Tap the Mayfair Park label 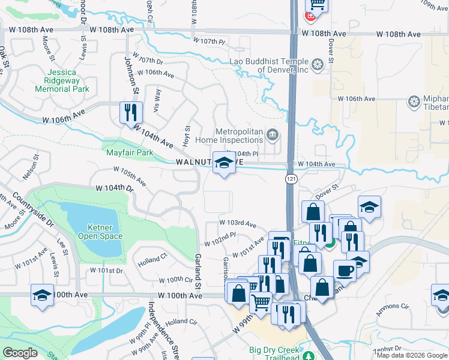click(x=130, y=152)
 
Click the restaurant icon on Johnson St click(x=130, y=112)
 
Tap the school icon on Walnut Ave click(x=224, y=163)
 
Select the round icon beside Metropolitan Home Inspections click(x=273, y=133)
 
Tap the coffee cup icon click(x=345, y=270)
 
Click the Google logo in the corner click(x=20, y=352)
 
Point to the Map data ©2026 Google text click(x=411, y=355)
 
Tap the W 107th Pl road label click(x=208, y=41)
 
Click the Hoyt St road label click(x=187, y=136)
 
